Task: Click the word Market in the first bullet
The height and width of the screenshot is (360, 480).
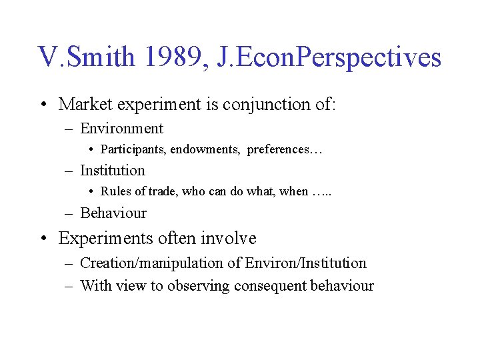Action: pyautogui.click(x=83, y=104)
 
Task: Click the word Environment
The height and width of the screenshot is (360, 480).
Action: pyautogui.click(x=121, y=128)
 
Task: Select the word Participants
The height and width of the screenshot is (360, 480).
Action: pyautogui.click(x=133, y=149)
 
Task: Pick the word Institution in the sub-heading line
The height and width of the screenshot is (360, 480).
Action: pyautogui.click(x=112, y=170)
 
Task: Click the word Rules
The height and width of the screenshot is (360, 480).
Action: pyautogui.click(x=115, y=191)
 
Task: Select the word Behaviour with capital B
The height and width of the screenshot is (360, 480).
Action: pyautogui.click(x=113, y=213)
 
